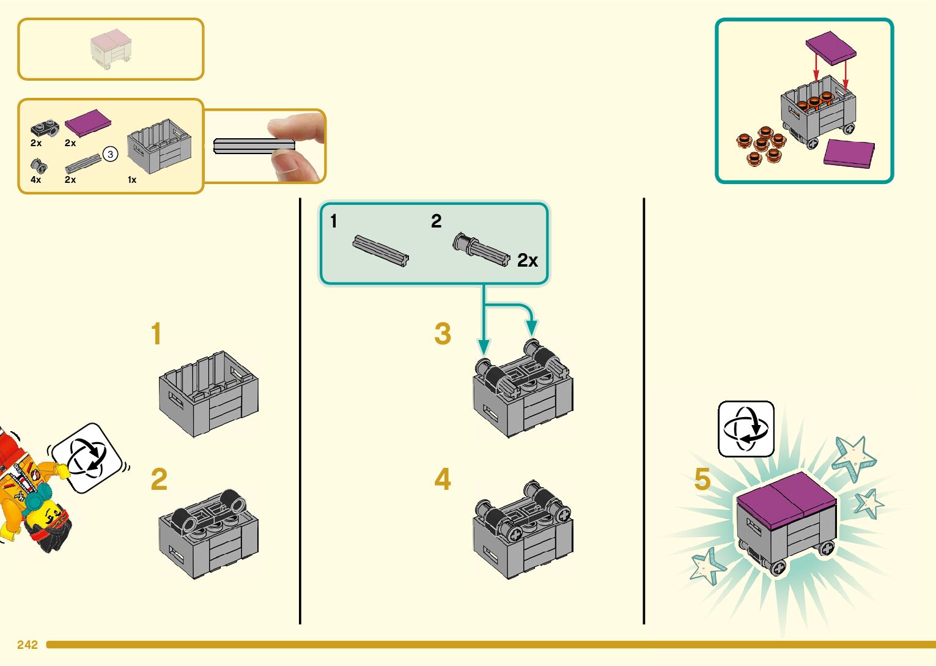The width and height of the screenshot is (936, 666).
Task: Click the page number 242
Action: click(x=28, y=645)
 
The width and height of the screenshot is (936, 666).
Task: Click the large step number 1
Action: click(x=157, y=335)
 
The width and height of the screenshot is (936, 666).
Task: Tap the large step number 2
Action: click(x=159, y=479)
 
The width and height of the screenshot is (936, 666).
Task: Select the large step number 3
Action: click(x=443, y=334)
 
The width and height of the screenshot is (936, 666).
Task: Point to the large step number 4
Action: click(x=443, y=479)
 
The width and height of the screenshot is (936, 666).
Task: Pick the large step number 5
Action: click(x=702, y=479)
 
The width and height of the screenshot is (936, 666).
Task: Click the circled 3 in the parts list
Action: click(x=110, y=154)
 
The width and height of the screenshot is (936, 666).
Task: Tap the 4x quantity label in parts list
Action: click(x=36, y=180)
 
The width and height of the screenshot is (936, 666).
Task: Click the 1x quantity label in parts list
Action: click(x=132, y=180)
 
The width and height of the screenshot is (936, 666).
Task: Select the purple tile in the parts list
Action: click(x=88, y=122)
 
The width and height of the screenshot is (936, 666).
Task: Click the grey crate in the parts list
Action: click(x=160, y=147)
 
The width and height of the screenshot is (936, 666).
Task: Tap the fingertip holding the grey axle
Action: click(x=287, y=128)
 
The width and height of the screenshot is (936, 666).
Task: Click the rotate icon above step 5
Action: click(x=746, y=429)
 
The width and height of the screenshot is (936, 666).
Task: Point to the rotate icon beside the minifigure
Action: click(x=87, y=457)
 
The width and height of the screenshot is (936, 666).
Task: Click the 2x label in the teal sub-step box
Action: click(x=527, y=261)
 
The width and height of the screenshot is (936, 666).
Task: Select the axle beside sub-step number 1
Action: click(x=380, y=251)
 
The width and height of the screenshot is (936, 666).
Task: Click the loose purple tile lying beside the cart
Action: click(x=849, y=154)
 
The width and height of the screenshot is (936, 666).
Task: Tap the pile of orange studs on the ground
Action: click(x=762, y=146)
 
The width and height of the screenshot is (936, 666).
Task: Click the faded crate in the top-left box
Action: click(x=111, y=49)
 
